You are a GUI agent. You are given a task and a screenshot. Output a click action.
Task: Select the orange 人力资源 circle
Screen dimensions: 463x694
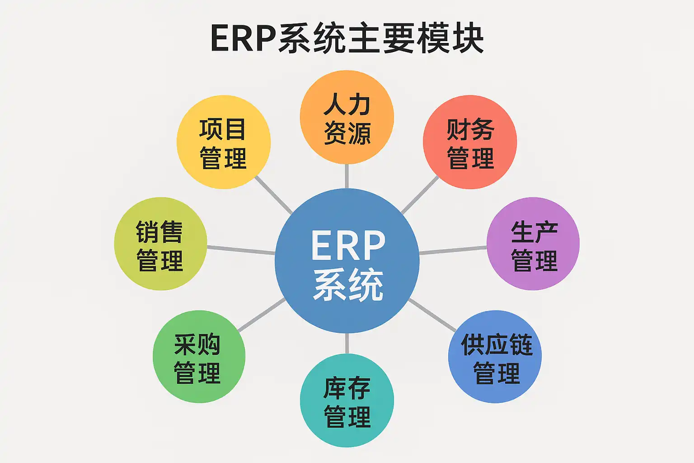coord(347,117)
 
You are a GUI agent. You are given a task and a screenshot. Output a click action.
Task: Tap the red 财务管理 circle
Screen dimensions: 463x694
coord(470,142)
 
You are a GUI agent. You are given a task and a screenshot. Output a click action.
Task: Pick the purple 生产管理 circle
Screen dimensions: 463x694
coord(533,244)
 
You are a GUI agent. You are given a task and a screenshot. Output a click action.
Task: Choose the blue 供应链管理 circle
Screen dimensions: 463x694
coord(495,357)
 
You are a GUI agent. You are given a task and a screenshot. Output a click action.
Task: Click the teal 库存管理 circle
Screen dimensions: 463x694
coord(347,401)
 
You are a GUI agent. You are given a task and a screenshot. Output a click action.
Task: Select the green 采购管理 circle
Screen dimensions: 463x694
coord(199,357)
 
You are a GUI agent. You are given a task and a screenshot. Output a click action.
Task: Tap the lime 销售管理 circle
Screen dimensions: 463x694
coord(160,244)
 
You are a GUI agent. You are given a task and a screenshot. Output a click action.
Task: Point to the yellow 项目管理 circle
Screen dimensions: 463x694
coord(224,142)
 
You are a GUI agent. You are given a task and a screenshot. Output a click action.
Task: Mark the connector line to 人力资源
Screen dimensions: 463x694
coord(347,176)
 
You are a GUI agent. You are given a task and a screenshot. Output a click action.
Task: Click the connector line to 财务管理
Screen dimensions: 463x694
coord(420,195)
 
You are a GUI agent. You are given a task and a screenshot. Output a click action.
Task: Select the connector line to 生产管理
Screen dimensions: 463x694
coord(453,250)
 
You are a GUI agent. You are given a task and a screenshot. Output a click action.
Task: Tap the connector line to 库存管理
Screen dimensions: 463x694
coord(347,344)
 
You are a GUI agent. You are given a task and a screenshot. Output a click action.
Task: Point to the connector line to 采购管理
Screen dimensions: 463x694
coord(261,315)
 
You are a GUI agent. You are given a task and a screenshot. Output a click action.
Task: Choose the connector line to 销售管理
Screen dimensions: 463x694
coord(241,250)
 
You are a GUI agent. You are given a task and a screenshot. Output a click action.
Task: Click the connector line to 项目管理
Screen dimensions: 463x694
coord(274,195)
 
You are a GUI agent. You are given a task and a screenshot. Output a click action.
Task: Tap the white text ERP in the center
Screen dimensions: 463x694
coord(348,246)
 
